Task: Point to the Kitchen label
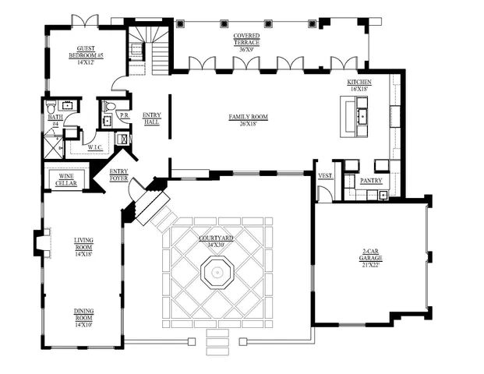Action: (x=359, y=85)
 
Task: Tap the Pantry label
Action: (x=370, y=180)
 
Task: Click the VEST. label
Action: (x=326, y=176)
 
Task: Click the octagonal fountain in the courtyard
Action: (x=217, y=273)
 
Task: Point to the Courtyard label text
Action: (x=217, y=241)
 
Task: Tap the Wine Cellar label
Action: (x=66, y=179)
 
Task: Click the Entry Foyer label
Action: (x=119, y=174)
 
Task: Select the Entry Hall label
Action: (x=151, y=119)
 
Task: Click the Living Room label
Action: (x=83, y=247)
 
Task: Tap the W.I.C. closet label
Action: (x=96, y=146)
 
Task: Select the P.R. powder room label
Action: (x=123, y=115)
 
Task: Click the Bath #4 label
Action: (x=55, y=120)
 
